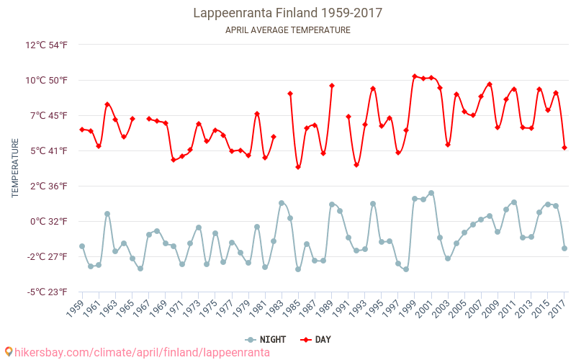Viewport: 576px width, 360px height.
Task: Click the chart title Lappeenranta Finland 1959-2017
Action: [x=288, y=13]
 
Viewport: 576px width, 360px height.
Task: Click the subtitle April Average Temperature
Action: [x=288, y=30]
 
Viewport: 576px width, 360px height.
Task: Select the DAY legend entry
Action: [x=317, y=340]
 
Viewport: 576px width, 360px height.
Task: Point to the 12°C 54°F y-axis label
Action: [x=46, y=45]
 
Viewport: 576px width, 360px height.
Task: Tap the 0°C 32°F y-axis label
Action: [x=48, y=221]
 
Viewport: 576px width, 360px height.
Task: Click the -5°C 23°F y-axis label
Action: [x=47, y=292]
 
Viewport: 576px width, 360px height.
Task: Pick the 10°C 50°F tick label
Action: [x=46, y=80]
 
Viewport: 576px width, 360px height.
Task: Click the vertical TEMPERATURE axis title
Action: [x=16, y=168]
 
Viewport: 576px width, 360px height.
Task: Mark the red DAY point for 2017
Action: [x=564, y=148]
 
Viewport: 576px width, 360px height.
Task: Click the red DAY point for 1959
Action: [x=82, y=130]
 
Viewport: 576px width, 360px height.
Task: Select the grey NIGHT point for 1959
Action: [x=82, y=246]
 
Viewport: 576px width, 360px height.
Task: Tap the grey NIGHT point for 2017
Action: [x=564, y=248]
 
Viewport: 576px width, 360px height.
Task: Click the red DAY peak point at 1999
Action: [x=415, y=76]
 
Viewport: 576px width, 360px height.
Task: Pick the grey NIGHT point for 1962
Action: [x=107, y=214]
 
